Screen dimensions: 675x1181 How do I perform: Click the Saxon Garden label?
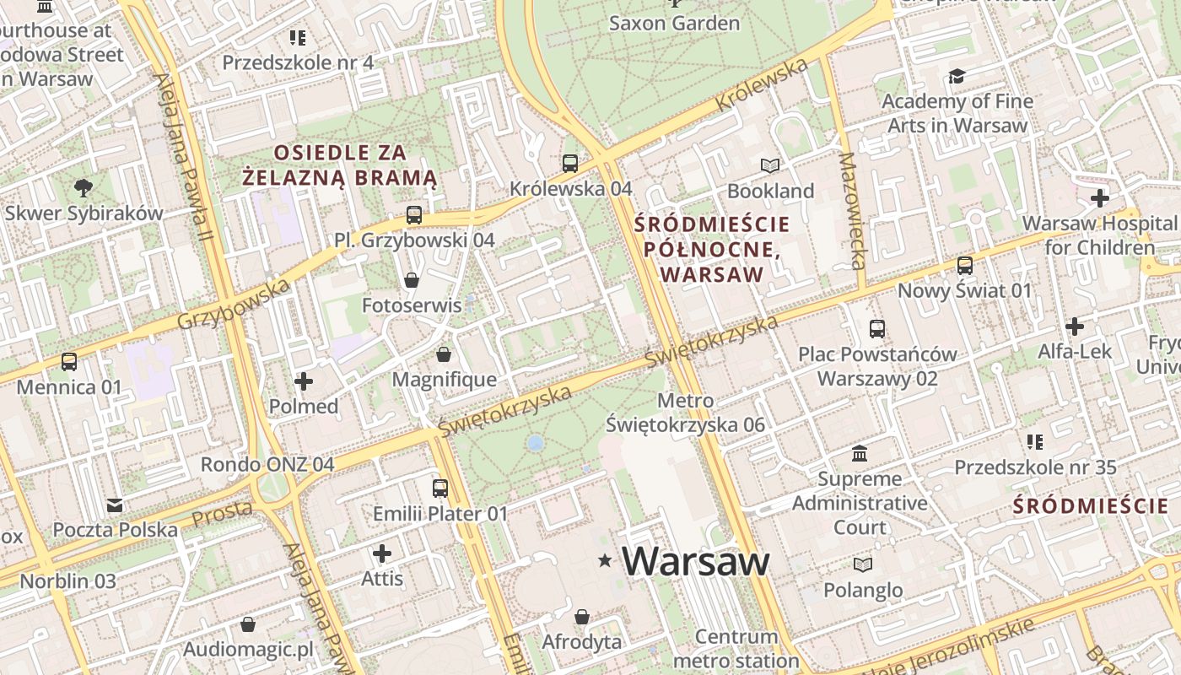pyautogui.click(x=674, y=23)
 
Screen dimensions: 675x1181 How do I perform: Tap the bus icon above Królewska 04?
pyautogui.click(x=570, y=163)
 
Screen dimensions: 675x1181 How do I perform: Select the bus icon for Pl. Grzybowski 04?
pyautogui.click(x=413, y=214)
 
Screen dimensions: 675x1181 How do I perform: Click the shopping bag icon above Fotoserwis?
pyautogui.click(x=412, y=279)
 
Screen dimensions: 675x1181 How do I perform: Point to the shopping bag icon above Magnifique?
pyautogui.click(x=444, y=354)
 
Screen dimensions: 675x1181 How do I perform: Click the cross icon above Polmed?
pyautogui.click(x=304, y=381)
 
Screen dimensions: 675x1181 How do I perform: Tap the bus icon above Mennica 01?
pyautogui.click(x=69, y=362)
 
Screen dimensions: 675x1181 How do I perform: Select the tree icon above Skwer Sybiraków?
pyautogui.click(x=83, y=187)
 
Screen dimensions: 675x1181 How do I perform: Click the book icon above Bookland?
pyautogui.click(x=770, y=165)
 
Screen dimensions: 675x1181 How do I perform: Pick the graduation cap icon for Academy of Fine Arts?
pyautogui.click(x=957, y=77)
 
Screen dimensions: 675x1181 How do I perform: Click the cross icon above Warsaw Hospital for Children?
pyautogui.click(x=1099, y=198)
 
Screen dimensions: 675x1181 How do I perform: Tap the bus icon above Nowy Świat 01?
pyautogui.click(x=964, y=266)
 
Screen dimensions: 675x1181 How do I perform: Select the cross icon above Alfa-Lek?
pyautogui.click(x=1075, y=326)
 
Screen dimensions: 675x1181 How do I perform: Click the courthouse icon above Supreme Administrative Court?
pyautogui.click(x=860, y=454)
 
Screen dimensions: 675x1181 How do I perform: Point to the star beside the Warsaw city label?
pyautogui.click(x=605, y=560)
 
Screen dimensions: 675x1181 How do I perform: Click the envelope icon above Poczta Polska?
pyautogui.click(x=115, y=505)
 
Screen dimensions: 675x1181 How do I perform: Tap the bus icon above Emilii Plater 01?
pyautogui.click(x=440, y=488)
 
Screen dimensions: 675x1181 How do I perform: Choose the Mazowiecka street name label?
pyautogui.click(x=853, y=211)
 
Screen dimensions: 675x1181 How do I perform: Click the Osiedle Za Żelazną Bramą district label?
pyautogui.click(x=340, y=165)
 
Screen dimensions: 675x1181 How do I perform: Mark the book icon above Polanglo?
pyautogui.click(x=862, y=564)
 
